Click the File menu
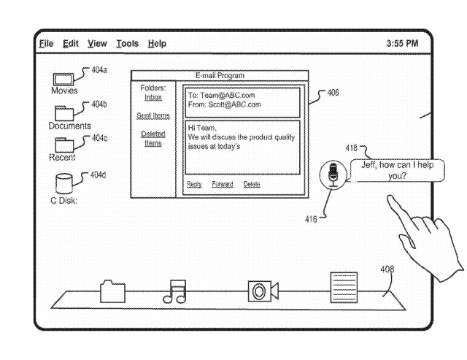(46, 44)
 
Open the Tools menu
(127, 44)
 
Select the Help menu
(157, 44)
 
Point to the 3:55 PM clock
(402, 44)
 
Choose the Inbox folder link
(153, 98)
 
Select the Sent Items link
(153, 115)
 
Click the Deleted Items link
(153, 139)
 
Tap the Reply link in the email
(194, 184)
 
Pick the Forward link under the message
(223, 184)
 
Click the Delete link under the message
(252, 184)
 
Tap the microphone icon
(333, 175)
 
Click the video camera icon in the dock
(262, 291)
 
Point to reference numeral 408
(387, 269)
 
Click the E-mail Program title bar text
(220, 76)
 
